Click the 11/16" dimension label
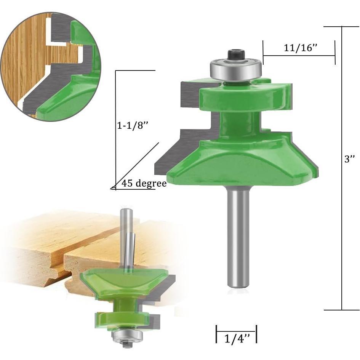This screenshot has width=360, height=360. tap(301, 48)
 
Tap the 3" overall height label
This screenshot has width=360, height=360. tap(350, 159)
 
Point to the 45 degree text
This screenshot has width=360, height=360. tap(144, 184)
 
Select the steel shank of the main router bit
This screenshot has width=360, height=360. tap(238, 236)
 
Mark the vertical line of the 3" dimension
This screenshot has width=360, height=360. tap(342, 229)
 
